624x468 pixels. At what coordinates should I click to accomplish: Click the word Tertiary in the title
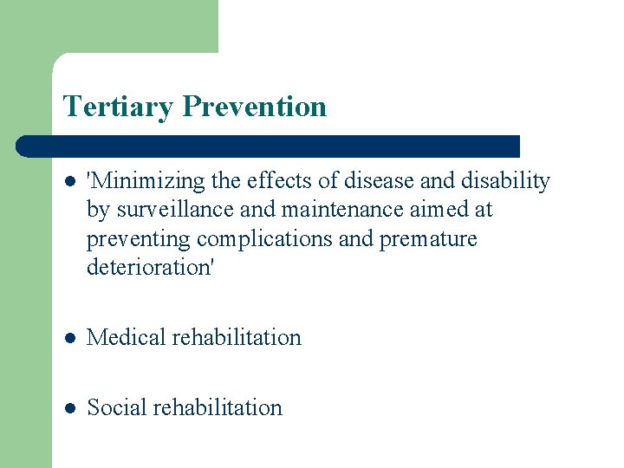[x=120, y=107]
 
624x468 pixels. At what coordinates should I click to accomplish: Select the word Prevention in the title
[x=255, y=107]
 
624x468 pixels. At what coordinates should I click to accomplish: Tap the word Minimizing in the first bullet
[x=145, y=181]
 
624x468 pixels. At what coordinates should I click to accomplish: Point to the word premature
[x=428, y=239]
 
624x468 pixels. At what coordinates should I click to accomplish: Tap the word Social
[x=116, y=407]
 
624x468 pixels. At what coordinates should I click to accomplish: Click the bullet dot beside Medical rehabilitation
[x=69, y=338]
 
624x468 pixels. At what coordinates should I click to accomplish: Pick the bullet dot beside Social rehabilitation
[x=69, y=408]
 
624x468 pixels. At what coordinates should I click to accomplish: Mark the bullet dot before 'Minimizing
[x=69, y=182]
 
